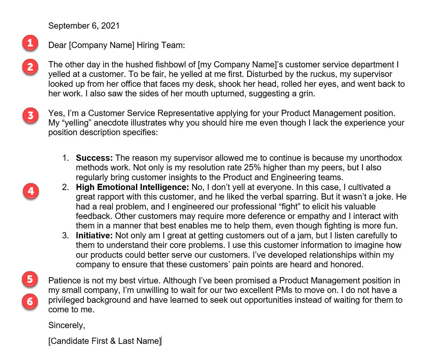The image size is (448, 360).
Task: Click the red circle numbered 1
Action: [x=30, y=43]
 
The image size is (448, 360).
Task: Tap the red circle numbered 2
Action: [x=30, y=67]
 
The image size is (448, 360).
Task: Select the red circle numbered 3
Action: [x=31, y=115]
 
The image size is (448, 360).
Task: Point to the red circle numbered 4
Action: [x=31, y=191]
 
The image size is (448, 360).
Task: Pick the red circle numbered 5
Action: [x=30, y=279]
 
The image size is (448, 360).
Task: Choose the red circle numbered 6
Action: [x=30, y=301]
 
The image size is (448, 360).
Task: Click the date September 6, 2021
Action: [x=84, y=26]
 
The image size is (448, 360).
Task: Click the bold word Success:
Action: [x=94, y=158]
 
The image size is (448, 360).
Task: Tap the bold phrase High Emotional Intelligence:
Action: [x=132, y=187]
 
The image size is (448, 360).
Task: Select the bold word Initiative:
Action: [x=94, y=235]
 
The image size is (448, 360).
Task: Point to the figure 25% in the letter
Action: [x=252, y=167]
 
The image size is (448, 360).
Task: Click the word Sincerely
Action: [x=66, y=325]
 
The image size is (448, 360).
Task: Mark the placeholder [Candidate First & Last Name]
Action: [x=105, y=341]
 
